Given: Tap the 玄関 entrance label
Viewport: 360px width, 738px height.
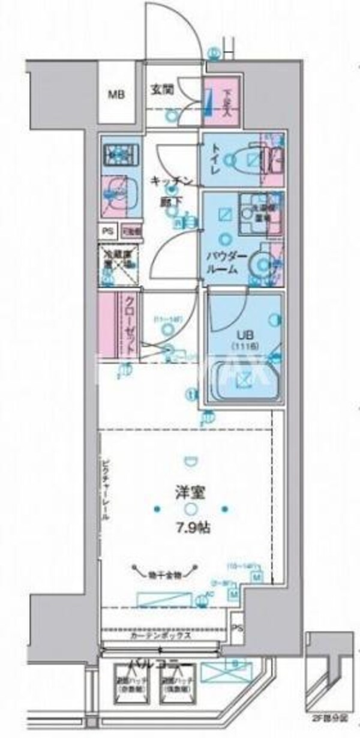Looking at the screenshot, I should pos(161,90).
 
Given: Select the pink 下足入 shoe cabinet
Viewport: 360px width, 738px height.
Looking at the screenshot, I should pos(221,102).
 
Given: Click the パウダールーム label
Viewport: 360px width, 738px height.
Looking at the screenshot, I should pos(223,263).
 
